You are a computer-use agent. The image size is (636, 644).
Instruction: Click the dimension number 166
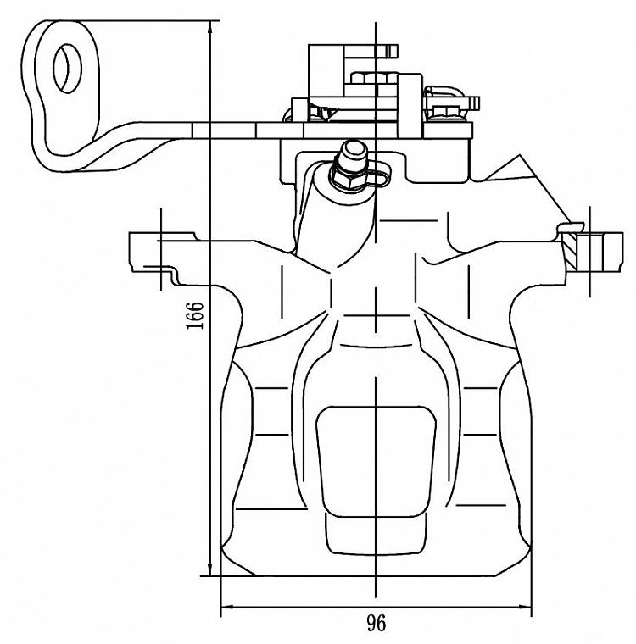(195, 315)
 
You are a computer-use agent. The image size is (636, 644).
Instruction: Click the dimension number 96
(377, 624)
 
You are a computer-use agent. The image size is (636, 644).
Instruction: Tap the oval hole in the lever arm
(68, 69)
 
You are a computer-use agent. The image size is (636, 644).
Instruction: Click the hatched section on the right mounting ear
(570, 250)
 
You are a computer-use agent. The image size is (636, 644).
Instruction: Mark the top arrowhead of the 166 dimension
(210, 28)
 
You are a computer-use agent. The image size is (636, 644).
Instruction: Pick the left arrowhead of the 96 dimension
(229, 607)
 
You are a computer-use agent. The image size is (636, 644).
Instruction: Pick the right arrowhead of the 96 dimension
(523, 607)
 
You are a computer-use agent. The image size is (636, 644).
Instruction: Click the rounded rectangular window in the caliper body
(376, 462)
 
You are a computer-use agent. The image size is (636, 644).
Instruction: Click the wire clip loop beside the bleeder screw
(377, 175)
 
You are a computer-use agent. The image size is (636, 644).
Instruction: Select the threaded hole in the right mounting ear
(590, 252)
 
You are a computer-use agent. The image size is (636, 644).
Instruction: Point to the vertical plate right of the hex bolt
(410, 105)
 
